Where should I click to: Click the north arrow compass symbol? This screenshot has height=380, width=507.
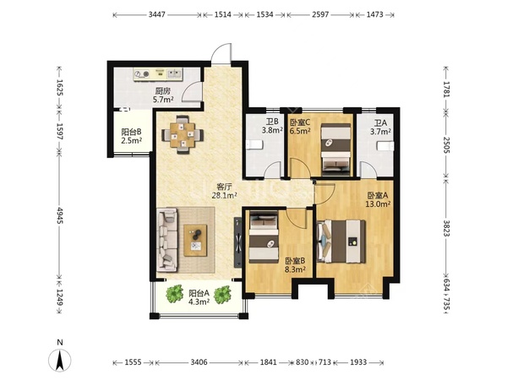(x=60, y=360)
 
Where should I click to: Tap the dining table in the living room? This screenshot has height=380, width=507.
(x=183, y=134)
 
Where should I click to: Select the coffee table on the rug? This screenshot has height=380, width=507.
(x=195, y=241)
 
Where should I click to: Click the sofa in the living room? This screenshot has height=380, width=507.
(x=167, y=240)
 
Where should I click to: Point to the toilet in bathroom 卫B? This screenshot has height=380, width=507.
(x=253, y=145)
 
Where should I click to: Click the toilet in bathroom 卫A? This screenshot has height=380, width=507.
(x=385, y=146)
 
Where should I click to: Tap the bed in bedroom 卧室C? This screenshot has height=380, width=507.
(x=336, y=147)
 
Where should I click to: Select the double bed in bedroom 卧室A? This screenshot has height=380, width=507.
(x=341, y=242)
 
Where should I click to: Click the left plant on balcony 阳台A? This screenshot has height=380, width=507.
(x=175, y=293)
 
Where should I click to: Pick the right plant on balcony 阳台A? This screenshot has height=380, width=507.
(x=222, y=294)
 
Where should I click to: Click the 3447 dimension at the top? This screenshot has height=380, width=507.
(x=157, y=14)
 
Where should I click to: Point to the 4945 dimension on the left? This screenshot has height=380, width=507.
(x=59, y=215)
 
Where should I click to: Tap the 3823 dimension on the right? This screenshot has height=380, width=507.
(x=446, y=228)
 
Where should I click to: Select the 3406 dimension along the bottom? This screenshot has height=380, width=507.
(x=199, y=362)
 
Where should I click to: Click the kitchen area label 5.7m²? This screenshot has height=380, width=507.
(x=163, y=99)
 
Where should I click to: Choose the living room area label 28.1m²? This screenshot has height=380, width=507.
(x=225, y=195)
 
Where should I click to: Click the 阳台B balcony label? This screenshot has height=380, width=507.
(x=131, y=132)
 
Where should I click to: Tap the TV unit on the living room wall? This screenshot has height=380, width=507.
(x=238, y=242)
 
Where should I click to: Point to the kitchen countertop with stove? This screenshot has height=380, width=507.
(x=158, y=74)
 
